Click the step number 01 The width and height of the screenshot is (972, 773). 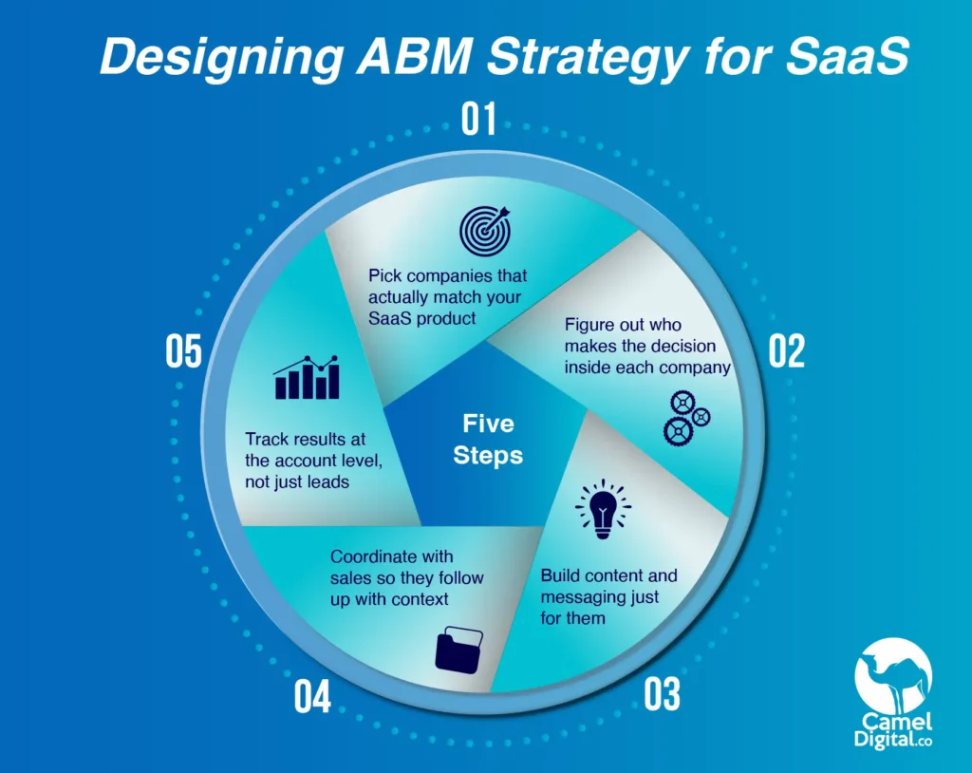coord(478,119)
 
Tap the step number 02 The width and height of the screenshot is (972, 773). coord(787,350)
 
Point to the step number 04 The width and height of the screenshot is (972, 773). coord(312,696)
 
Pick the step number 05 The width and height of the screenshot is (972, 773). coord(183,351)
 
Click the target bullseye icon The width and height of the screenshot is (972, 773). coord(485,231)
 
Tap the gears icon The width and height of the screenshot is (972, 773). coord(687,418)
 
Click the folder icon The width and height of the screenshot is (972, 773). coord(459,650)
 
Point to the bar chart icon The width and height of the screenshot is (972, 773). coord(307,377)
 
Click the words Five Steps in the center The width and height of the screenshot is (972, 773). coord(488,440)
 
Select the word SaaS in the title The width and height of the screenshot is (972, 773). coord(847,56)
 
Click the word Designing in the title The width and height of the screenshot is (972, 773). coord(221,58)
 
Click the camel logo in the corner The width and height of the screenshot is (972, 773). coord(892,676)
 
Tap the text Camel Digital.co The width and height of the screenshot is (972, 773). coord(892,730)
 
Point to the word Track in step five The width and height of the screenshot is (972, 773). coord(266,440)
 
